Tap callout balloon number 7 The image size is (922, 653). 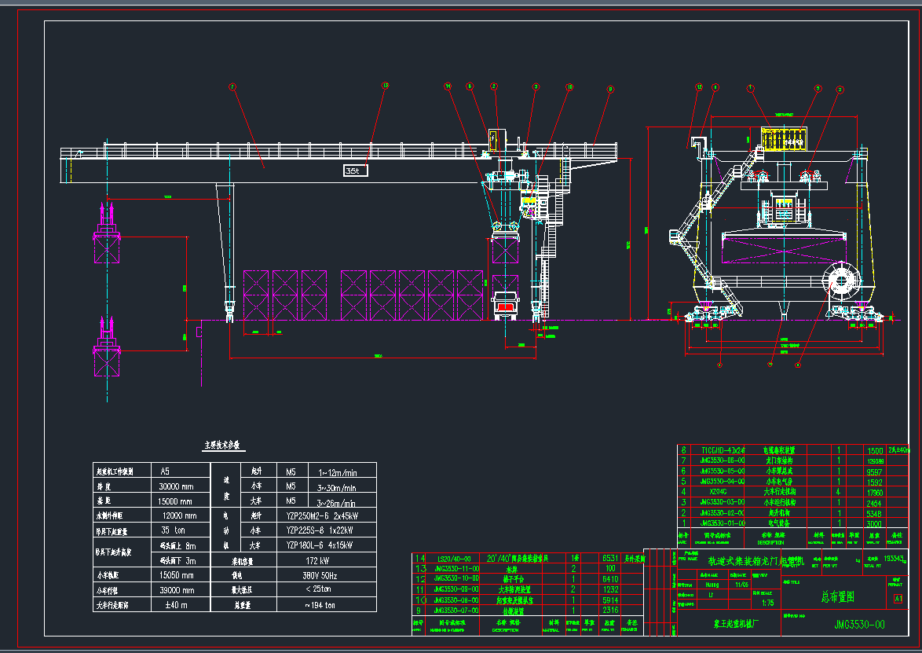[x=232, y=86]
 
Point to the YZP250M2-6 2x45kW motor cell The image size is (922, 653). [x=322, y=515]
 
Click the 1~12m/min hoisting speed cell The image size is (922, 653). [x=338, y=471]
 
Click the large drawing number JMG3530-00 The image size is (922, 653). [x=858, y=625]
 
